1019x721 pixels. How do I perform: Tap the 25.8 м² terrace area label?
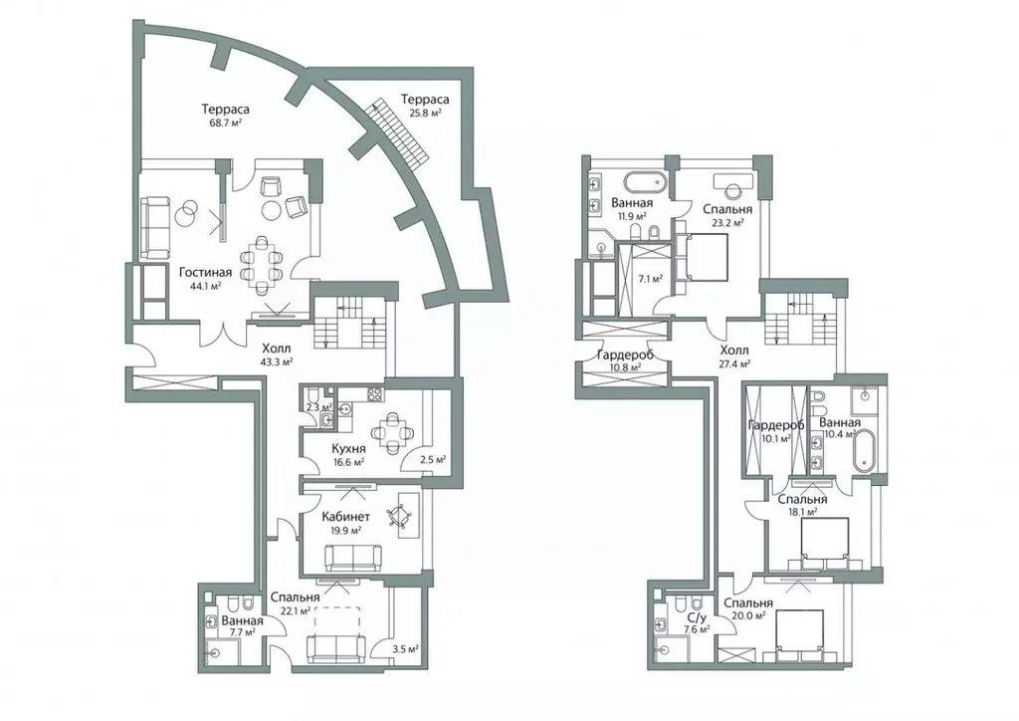426,113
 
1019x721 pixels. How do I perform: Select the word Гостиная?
205,272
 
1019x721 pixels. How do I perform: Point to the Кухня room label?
348,448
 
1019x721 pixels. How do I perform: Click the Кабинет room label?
346,517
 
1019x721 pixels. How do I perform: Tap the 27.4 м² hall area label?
734,363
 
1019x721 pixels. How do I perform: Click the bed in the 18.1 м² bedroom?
824,541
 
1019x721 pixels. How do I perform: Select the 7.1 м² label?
650,279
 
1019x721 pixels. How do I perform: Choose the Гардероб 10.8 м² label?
625,360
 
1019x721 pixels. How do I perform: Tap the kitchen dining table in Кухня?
389,431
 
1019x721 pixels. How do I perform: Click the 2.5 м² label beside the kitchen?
433,460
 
